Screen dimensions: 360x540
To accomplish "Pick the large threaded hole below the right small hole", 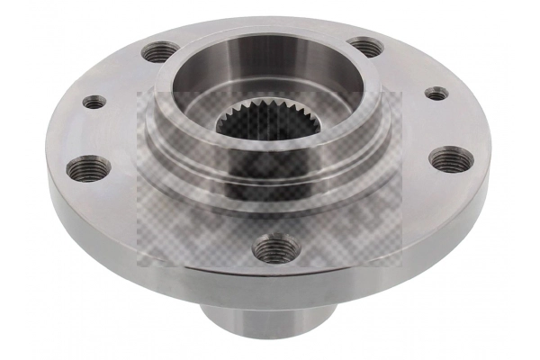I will (x=450, y=160).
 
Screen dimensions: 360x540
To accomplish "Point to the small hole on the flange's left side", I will (x=94, y=103).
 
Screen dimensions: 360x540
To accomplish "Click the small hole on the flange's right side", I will (x=436, y=93).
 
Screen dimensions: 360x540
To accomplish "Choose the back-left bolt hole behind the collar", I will (x=158, y=51).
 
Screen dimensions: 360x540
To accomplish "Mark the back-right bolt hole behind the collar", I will (x=364, y=46).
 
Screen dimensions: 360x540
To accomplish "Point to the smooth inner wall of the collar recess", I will (x=270, y=67).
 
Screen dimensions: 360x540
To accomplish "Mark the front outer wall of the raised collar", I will (x=270, y=193).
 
